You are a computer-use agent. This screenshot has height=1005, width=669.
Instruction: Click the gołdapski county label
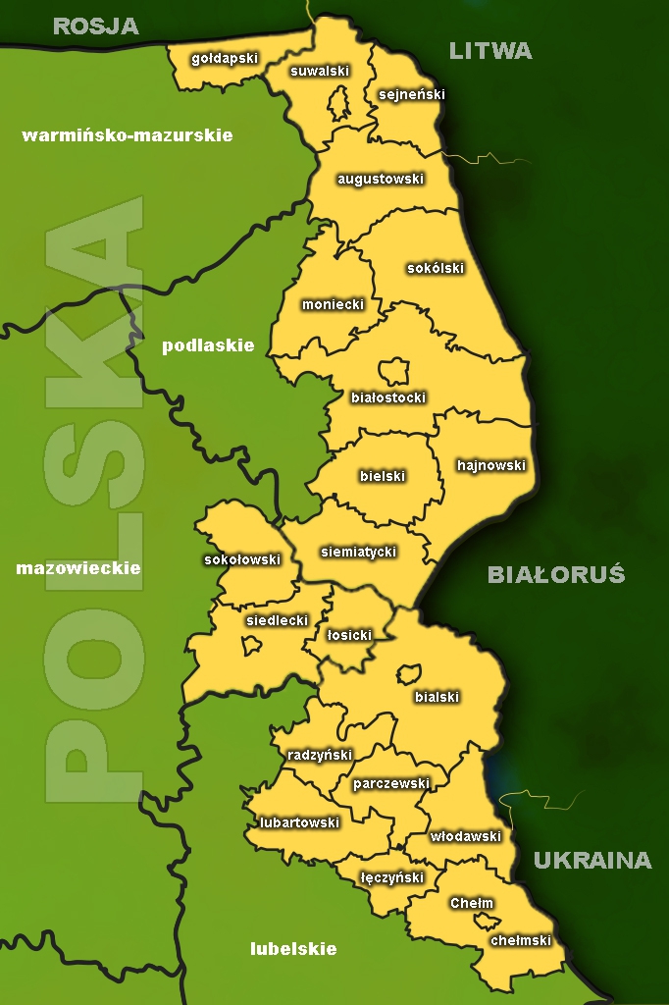pos(225,58)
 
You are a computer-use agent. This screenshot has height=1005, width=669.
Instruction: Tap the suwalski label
pos(320,71)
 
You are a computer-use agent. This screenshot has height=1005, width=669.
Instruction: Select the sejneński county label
pos(411,95)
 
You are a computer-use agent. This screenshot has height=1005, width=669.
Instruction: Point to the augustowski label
pos(380,180)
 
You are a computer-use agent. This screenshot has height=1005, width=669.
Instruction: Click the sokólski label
pos(435,268)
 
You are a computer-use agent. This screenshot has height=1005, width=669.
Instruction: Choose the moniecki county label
pos(333,304)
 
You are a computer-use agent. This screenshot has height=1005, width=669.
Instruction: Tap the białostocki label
pos(388,397)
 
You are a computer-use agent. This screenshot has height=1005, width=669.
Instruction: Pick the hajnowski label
pos(491,465)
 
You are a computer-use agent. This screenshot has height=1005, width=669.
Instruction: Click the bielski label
pos(383,476)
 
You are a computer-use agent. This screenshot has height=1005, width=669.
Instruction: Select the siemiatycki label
pos(358,552)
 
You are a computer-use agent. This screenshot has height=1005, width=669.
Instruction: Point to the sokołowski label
pos(241,559)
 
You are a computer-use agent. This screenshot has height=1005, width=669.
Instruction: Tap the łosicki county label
pos(349,635)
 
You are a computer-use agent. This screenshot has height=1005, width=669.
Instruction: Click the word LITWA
pos(490,51)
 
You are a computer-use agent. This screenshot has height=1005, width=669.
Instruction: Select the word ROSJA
pos(96,26)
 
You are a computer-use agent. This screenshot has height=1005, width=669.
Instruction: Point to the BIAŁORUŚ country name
pos(556,575)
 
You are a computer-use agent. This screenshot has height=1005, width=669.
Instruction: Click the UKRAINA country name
pos(592,861)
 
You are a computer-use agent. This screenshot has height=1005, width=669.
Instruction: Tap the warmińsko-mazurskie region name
pos(128,135)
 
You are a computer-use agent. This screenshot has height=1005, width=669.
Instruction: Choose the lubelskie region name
pos(293,949)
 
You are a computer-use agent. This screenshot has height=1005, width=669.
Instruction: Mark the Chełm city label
pos(472,903)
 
